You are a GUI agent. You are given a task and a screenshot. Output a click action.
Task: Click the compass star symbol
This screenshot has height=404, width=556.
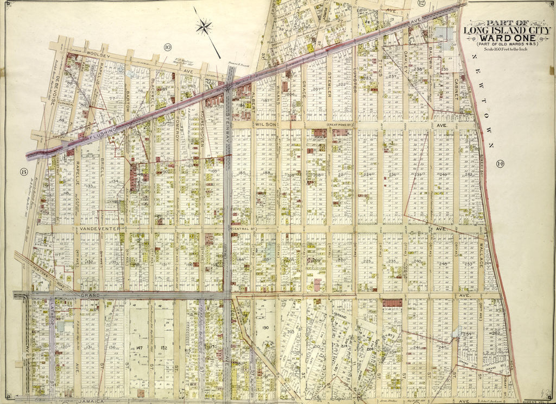(205, 27)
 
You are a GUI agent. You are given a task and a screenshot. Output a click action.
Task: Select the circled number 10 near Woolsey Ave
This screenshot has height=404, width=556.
(167, 47)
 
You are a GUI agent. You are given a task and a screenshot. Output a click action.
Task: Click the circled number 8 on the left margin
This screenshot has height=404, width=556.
(23, 172)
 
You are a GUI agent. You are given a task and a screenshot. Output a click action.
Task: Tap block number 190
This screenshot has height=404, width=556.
(266, 328)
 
